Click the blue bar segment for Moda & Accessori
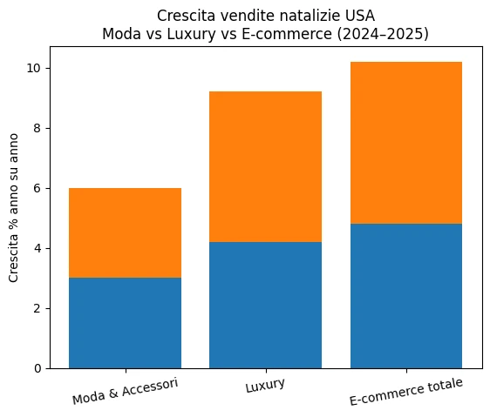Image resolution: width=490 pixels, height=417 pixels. [125, 323]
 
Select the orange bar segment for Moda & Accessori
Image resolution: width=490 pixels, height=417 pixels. [125, 232]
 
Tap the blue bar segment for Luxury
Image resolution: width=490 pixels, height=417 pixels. [265, 305]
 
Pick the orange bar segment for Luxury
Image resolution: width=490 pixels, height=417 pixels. [265, 166]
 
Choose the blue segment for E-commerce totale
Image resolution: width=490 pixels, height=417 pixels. [406, 296]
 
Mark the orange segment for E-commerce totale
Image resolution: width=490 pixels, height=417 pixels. [406, 143]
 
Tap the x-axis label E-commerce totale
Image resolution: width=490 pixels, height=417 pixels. [406, 393]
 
